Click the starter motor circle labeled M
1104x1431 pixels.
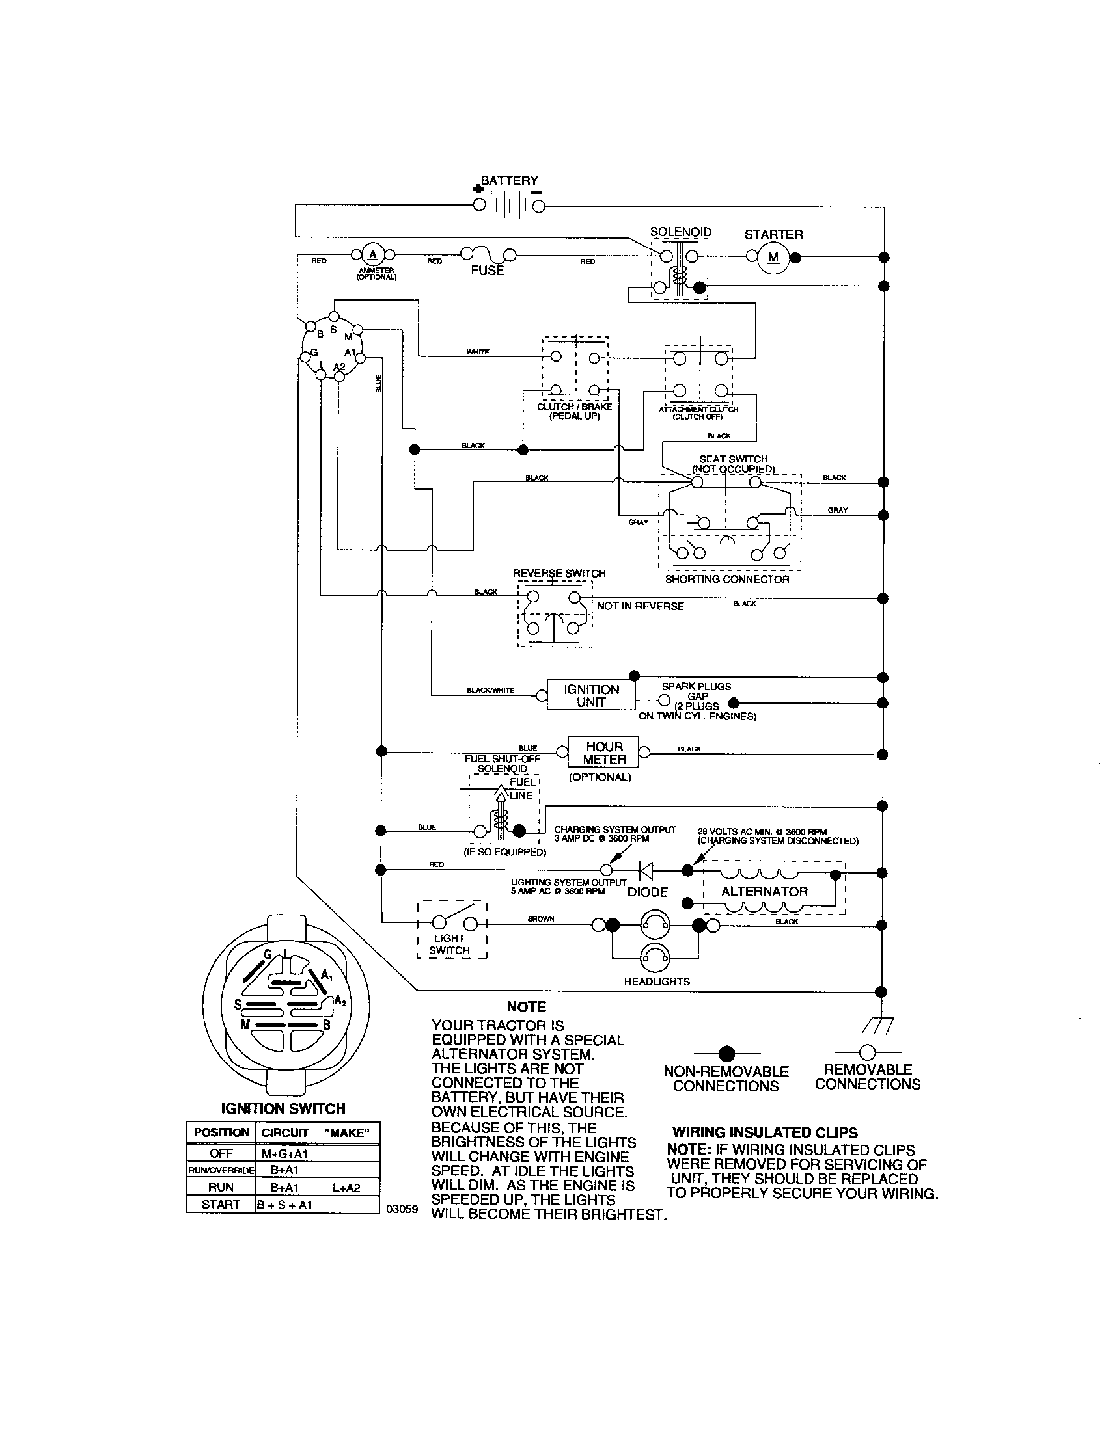(x=773, y=258)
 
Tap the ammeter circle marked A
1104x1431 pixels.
(x=373, y=255)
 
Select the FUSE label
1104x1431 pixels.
(x=487, y=271)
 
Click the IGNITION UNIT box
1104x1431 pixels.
(x=590, y=695)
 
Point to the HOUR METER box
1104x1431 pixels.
(x=605, y=753)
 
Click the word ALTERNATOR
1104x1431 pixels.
(x=764, y=891)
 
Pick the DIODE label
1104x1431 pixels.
(x=647, y=892)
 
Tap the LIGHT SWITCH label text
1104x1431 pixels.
(x=450, y=944)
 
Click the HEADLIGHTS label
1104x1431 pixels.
(x=656, y=982)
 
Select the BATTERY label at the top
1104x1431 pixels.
(x=510, y=180)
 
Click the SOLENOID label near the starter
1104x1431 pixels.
(x=680, y=232)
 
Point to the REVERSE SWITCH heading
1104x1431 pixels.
(x=559, y=573)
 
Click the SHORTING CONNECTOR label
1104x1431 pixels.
(x=727, y=579)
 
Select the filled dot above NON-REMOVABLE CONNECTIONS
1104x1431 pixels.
(x=726, y=1054)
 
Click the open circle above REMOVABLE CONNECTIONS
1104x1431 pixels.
(x=866, y=1052)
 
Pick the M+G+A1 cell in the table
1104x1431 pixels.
(x=285, y=1153)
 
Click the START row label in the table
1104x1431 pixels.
(x=220, y=1204)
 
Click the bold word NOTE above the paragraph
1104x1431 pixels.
(x=526, y=1007)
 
